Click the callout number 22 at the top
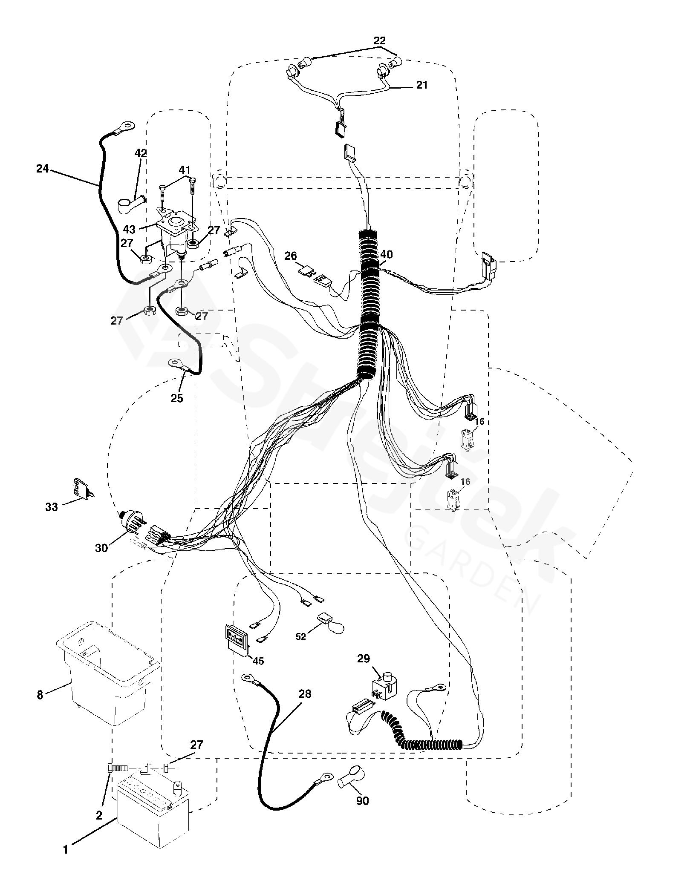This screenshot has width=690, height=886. pyautogui.click(x=379, y=41)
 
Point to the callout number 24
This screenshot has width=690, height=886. pyautogui.click(x=42, y=169)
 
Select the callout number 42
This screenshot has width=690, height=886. pyautogui.click(x=141, y=153)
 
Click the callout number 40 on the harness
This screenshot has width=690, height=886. pyautogui.click(x=387, y=255)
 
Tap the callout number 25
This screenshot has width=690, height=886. pyautogui.click(x=176, y=398)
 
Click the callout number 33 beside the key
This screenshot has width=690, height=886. pyautogui.click(x=52, y=507)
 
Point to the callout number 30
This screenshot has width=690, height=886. pyautogui.click(x=101, y=548)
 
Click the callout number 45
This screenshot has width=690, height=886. pyautogui.click(x=258, y=661)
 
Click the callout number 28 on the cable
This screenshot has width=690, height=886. pyautogui.click(x=305, y=694)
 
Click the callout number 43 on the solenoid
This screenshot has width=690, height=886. pyautogui.click(x=129, y=229)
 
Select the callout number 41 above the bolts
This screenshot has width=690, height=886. pyautogui.click(x=184, y=170)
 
